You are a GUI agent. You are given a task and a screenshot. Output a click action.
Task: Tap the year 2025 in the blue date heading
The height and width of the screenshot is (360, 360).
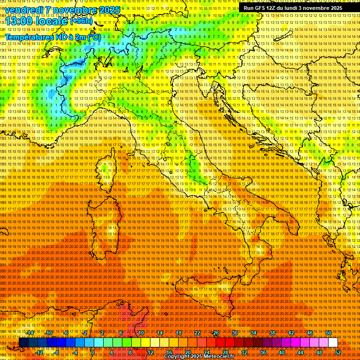pos(108,10)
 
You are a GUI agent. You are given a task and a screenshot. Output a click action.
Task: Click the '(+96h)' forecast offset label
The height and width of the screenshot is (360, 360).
pos(82,21)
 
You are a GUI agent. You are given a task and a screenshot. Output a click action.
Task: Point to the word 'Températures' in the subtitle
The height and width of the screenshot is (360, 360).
pos(28,37)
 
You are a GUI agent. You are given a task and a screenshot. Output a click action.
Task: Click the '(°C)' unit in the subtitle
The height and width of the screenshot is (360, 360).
pos(93,37)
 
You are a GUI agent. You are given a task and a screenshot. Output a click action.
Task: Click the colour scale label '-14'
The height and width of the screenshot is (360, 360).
pos(30,333)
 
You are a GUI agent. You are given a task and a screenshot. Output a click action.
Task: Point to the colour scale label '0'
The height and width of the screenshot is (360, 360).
pos(93,352)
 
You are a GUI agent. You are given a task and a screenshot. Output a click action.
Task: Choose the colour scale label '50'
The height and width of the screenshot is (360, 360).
pos(328,333)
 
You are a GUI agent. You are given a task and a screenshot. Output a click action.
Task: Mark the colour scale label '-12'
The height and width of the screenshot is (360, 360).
pos(40,352)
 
